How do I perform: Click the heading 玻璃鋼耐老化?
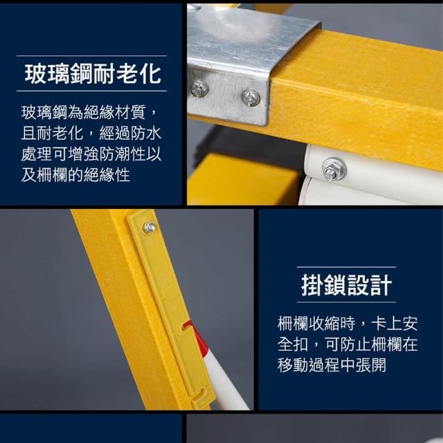coord(93,74)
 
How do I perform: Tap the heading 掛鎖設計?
coord(347,285)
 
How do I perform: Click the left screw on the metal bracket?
coord(199,89)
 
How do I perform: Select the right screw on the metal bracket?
coord(251,98)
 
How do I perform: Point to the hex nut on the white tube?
coord(334,170)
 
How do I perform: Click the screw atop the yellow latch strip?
coord(149,228)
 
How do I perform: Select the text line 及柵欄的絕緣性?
coord(75,175)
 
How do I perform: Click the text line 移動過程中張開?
coord(332,365)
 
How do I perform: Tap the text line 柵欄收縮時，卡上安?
coord(347,323)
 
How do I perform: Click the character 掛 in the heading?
coord(312,285)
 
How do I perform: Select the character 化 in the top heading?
coord(150,74)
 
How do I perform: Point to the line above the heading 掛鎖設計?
coord(346,266)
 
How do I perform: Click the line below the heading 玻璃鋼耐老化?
coord(91,91)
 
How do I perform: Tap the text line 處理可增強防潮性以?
coord(91,154)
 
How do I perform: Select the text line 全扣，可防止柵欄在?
coord(347,344)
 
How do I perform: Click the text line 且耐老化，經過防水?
coord(91,133)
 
